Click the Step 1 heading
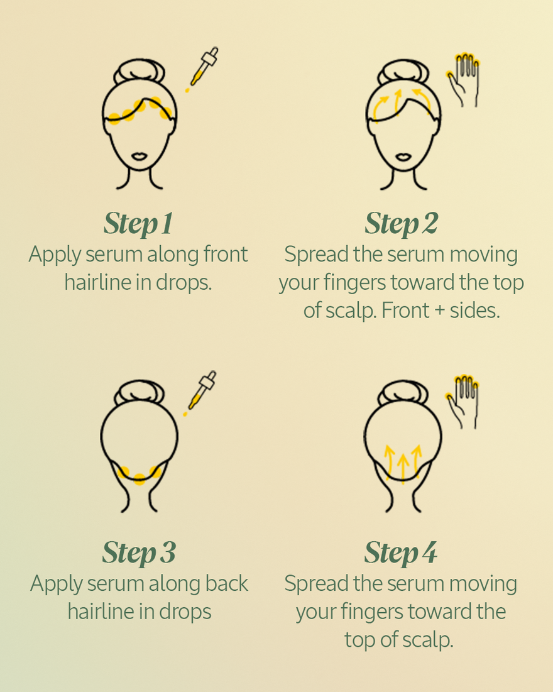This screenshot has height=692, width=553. tap(138, 223)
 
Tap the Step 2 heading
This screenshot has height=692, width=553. tap(401, 223)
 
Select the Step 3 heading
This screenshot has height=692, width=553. tap(138, 552)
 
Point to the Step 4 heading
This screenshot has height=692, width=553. tap(400, 552)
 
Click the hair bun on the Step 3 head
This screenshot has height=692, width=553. tap(139, 393)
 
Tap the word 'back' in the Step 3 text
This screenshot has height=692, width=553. tap(227, 583)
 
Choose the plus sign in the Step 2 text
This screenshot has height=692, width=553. tap(442, 310)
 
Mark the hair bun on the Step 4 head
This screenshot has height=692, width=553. tap(401, 393)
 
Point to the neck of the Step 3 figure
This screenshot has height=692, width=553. tap(139, 500)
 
